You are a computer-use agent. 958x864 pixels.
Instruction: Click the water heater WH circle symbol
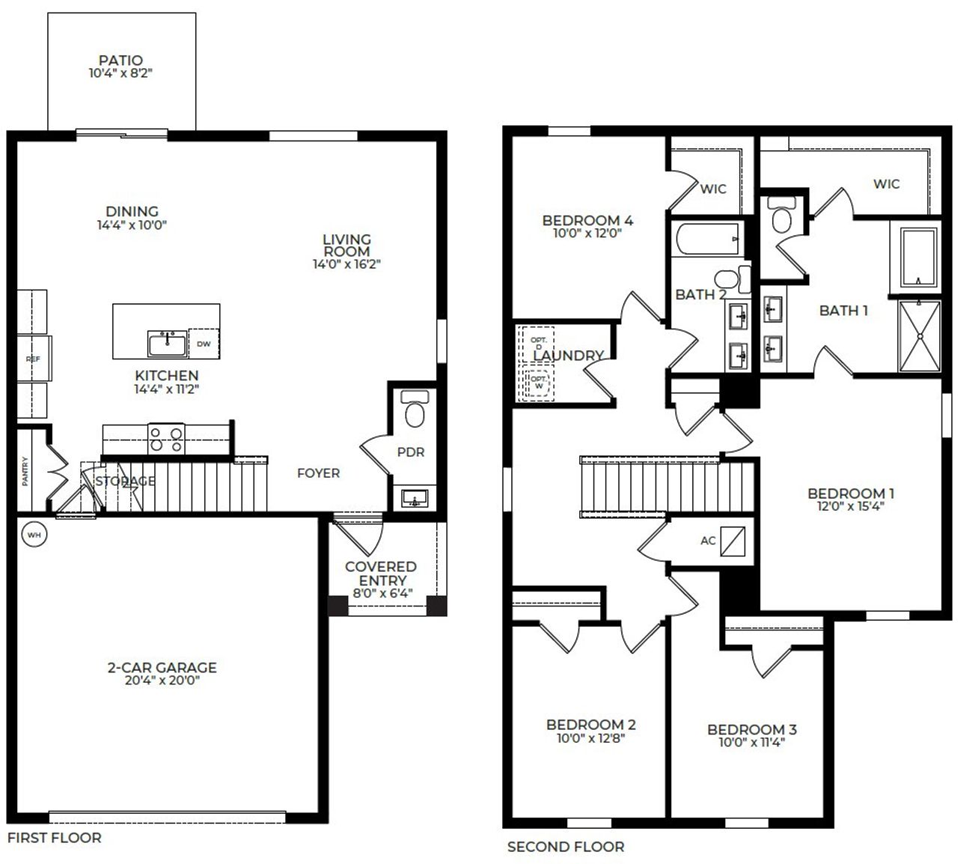tap(34, 535)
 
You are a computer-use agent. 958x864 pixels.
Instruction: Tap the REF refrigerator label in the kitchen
tap(33, 359)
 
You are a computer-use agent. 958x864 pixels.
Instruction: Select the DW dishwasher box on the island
tap(204, 344)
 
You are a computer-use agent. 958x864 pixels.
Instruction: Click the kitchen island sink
tap(167, 344)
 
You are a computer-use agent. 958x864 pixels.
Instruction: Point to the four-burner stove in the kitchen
tap(166, 439)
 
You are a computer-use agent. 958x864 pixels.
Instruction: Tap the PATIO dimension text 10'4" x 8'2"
tap(120, 73)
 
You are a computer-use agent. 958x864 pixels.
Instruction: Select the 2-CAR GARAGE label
tap(162, 667)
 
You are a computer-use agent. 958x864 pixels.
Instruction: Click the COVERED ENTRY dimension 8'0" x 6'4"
tap(382, 594)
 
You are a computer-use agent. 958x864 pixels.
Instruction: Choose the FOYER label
tap(318, 473)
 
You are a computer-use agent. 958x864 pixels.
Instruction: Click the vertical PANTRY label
tap(25, 472)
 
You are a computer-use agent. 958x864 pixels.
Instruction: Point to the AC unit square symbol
tap(733, 541)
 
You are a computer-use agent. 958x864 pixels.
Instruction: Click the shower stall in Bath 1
tap(917, 335)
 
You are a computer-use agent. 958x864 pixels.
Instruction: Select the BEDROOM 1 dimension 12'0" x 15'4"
tap(850, 506)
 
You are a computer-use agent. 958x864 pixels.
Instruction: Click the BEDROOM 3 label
tap(751, 729)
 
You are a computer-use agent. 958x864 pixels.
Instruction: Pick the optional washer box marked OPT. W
tap(538, 383)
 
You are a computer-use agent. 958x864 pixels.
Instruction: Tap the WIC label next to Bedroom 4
tap(713, 189)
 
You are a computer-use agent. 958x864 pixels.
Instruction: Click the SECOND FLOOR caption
tap(565, 847)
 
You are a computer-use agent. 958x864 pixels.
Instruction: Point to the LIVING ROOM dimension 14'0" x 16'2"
tap(347, 264)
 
